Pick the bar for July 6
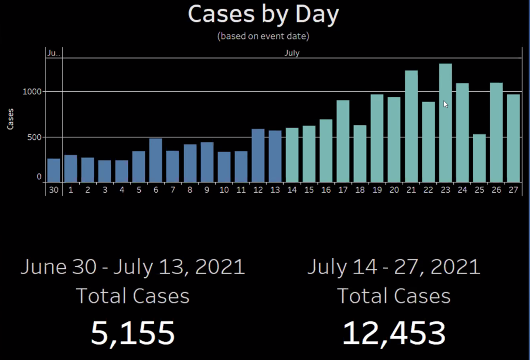tap(156, 160)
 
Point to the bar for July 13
tap(275, 156)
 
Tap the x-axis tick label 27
tap(513, 190)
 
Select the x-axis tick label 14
tap(292, 190)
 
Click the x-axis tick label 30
tap(54, 190)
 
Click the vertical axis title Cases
tap(10, 119)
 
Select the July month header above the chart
tap(292, 53)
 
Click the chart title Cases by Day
tap(263, 14)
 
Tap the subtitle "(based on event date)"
tap(263, 36)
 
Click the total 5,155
tap(132, 333)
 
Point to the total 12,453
tap(394, 333)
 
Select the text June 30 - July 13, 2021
tap(132, 267)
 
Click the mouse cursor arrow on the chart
tap(445, 104)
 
